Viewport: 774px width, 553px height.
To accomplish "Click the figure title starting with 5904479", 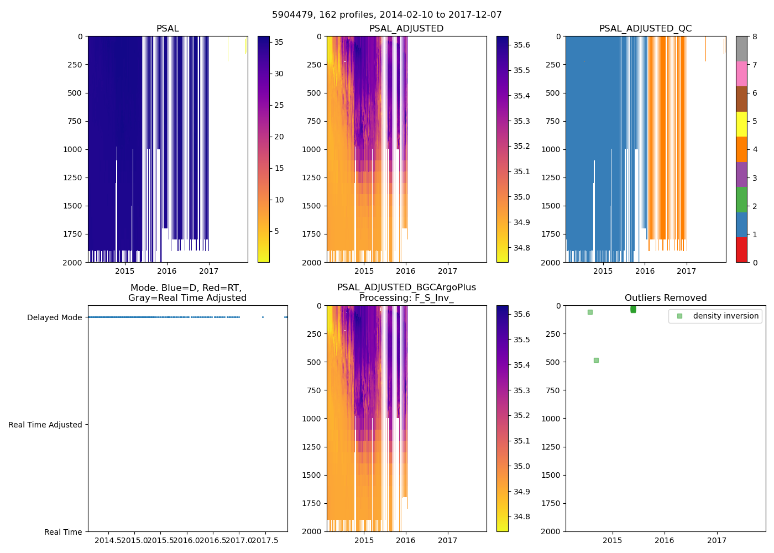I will (x=387, y=15).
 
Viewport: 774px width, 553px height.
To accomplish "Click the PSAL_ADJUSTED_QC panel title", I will (x=645, y=29).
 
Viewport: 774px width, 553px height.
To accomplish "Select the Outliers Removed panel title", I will (x=665, y=298).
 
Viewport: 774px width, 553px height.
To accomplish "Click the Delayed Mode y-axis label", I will (x=54, y=317).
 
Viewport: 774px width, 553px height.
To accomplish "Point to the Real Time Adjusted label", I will (x=45, y=425).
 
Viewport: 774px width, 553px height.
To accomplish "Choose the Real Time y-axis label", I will (x=63, y=532).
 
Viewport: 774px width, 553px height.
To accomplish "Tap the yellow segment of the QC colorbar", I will (x=741, y=124).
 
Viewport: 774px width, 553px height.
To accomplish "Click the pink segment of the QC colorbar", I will (x=741, y=74).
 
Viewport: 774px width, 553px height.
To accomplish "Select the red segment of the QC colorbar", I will (x=741, y=249).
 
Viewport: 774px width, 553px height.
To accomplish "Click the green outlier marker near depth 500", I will (x=596, y=360).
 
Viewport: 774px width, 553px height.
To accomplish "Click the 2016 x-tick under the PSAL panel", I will (x=166, y=271).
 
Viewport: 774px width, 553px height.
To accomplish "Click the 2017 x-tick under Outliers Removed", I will (x=717, y=540).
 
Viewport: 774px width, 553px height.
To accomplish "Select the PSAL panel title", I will (x=168, y=29).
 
